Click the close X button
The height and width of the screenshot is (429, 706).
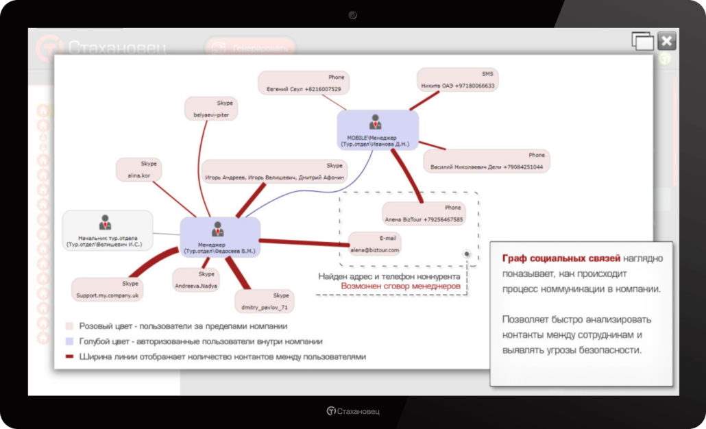coord(667,41)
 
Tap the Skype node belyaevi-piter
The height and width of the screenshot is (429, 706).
coord(211,109)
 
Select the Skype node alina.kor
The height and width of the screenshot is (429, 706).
coord(138,169)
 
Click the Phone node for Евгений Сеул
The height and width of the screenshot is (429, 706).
coord(303,83)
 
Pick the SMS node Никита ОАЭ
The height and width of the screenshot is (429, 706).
coord(457,79)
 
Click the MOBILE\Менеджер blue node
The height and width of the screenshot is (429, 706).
coord(377,130)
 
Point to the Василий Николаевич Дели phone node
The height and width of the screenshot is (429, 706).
coord(486,161)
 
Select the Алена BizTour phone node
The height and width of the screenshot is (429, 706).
coord(424,214)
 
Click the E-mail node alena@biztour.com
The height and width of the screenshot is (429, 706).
coord(374,244)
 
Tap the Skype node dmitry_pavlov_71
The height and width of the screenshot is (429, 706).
coord(263,300)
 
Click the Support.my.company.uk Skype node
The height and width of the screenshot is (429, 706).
coord(107,289)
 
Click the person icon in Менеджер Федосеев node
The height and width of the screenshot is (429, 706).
coord(218,228)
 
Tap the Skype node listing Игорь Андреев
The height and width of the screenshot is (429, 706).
coord(275,171)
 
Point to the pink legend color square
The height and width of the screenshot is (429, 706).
coord(69,326)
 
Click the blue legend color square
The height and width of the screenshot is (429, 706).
coord(69,341)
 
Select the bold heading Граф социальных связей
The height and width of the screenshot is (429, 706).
coord(561,258)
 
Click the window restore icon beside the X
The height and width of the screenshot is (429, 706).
coord(642,41)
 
